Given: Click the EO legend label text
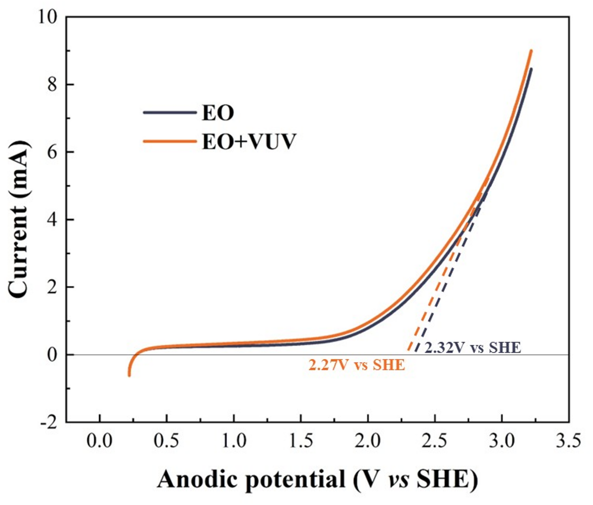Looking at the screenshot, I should point(218,113).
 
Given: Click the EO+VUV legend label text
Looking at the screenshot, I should point(249,142).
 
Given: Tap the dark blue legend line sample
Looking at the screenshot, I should point(170,112).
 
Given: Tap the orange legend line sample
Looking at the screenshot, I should point(170,141).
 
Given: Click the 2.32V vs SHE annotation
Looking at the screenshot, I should point(473,348).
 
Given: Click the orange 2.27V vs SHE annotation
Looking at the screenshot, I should point(357,365).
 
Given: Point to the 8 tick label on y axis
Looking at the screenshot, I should point(52,85).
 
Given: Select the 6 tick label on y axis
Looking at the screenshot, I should point(52,152).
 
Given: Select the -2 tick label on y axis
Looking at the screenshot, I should point(49,423).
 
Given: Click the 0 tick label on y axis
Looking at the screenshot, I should point(52,355).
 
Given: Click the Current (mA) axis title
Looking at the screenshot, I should point(18,220).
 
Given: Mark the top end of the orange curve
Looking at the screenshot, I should point(531,51).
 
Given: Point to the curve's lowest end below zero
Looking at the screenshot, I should point(129,375).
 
